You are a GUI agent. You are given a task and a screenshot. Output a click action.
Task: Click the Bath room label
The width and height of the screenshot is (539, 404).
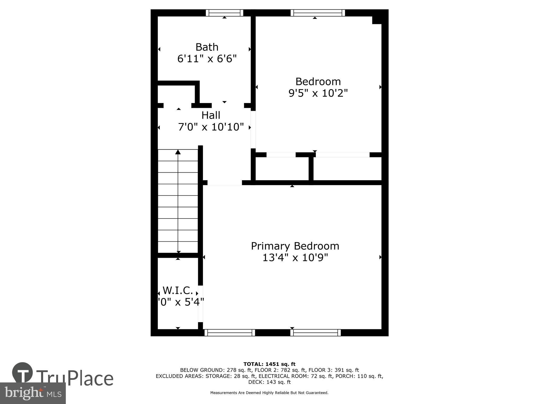tap(207, 47)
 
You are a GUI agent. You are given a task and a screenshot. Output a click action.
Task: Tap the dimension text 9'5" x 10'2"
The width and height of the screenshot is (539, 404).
tap(318, 93)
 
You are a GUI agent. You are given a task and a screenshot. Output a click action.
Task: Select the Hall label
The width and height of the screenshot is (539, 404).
tap(211, 115)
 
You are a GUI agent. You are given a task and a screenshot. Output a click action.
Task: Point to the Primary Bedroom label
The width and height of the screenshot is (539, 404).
tap(295, 246)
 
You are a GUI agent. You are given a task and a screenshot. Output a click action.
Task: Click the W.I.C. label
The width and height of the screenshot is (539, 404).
tap(178, 291)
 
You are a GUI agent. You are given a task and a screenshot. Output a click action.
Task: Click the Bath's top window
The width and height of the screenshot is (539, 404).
tap(224, 13)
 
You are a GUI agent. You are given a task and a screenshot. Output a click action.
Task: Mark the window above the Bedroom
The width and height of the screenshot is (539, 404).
tap(318, 13)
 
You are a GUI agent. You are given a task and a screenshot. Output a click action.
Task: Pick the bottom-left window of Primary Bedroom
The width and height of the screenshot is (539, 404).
tap(230, 333)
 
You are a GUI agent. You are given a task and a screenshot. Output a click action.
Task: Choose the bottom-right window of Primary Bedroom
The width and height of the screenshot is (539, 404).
tap(316, 333)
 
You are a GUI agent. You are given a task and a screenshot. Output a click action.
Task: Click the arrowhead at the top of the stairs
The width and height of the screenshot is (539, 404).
tap(178, 152)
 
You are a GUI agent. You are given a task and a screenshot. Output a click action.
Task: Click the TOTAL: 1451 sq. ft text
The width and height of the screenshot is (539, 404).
tap(269, 364)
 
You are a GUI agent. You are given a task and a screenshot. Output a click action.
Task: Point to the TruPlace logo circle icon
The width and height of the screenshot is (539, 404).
tap(23, 373)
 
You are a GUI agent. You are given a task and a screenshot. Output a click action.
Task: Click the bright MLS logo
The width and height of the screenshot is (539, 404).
tap(33, 393)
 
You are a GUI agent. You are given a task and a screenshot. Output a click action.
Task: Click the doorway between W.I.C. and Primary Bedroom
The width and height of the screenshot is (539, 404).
tap(201, 304)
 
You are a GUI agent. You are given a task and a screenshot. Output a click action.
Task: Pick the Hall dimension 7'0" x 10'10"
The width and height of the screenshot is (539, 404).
tap(211, 127)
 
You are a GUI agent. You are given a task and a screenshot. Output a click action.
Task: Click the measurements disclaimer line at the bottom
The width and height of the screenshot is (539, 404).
tap(269, 393)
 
